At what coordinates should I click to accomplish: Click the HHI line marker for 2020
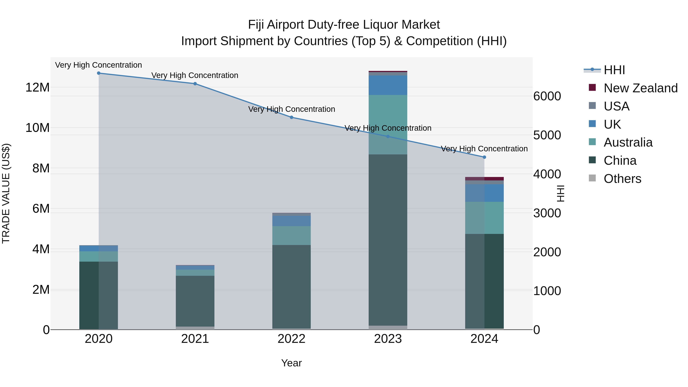[99, 73]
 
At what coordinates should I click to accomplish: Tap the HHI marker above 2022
[291, 117]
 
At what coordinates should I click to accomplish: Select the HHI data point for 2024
[484, 157]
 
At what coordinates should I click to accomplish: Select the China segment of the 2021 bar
[195, 301]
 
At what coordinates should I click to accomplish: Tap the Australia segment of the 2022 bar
[291, 236]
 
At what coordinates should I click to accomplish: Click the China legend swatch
[592, 160]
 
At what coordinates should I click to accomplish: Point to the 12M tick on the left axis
[37, 88]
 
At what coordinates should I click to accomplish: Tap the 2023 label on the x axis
[388, 339]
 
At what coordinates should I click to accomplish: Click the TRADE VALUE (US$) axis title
[6, 193]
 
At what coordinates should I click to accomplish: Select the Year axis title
[291, 363]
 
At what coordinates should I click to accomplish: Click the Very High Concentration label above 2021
[195, 75]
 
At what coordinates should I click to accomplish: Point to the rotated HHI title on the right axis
[560, 193]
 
